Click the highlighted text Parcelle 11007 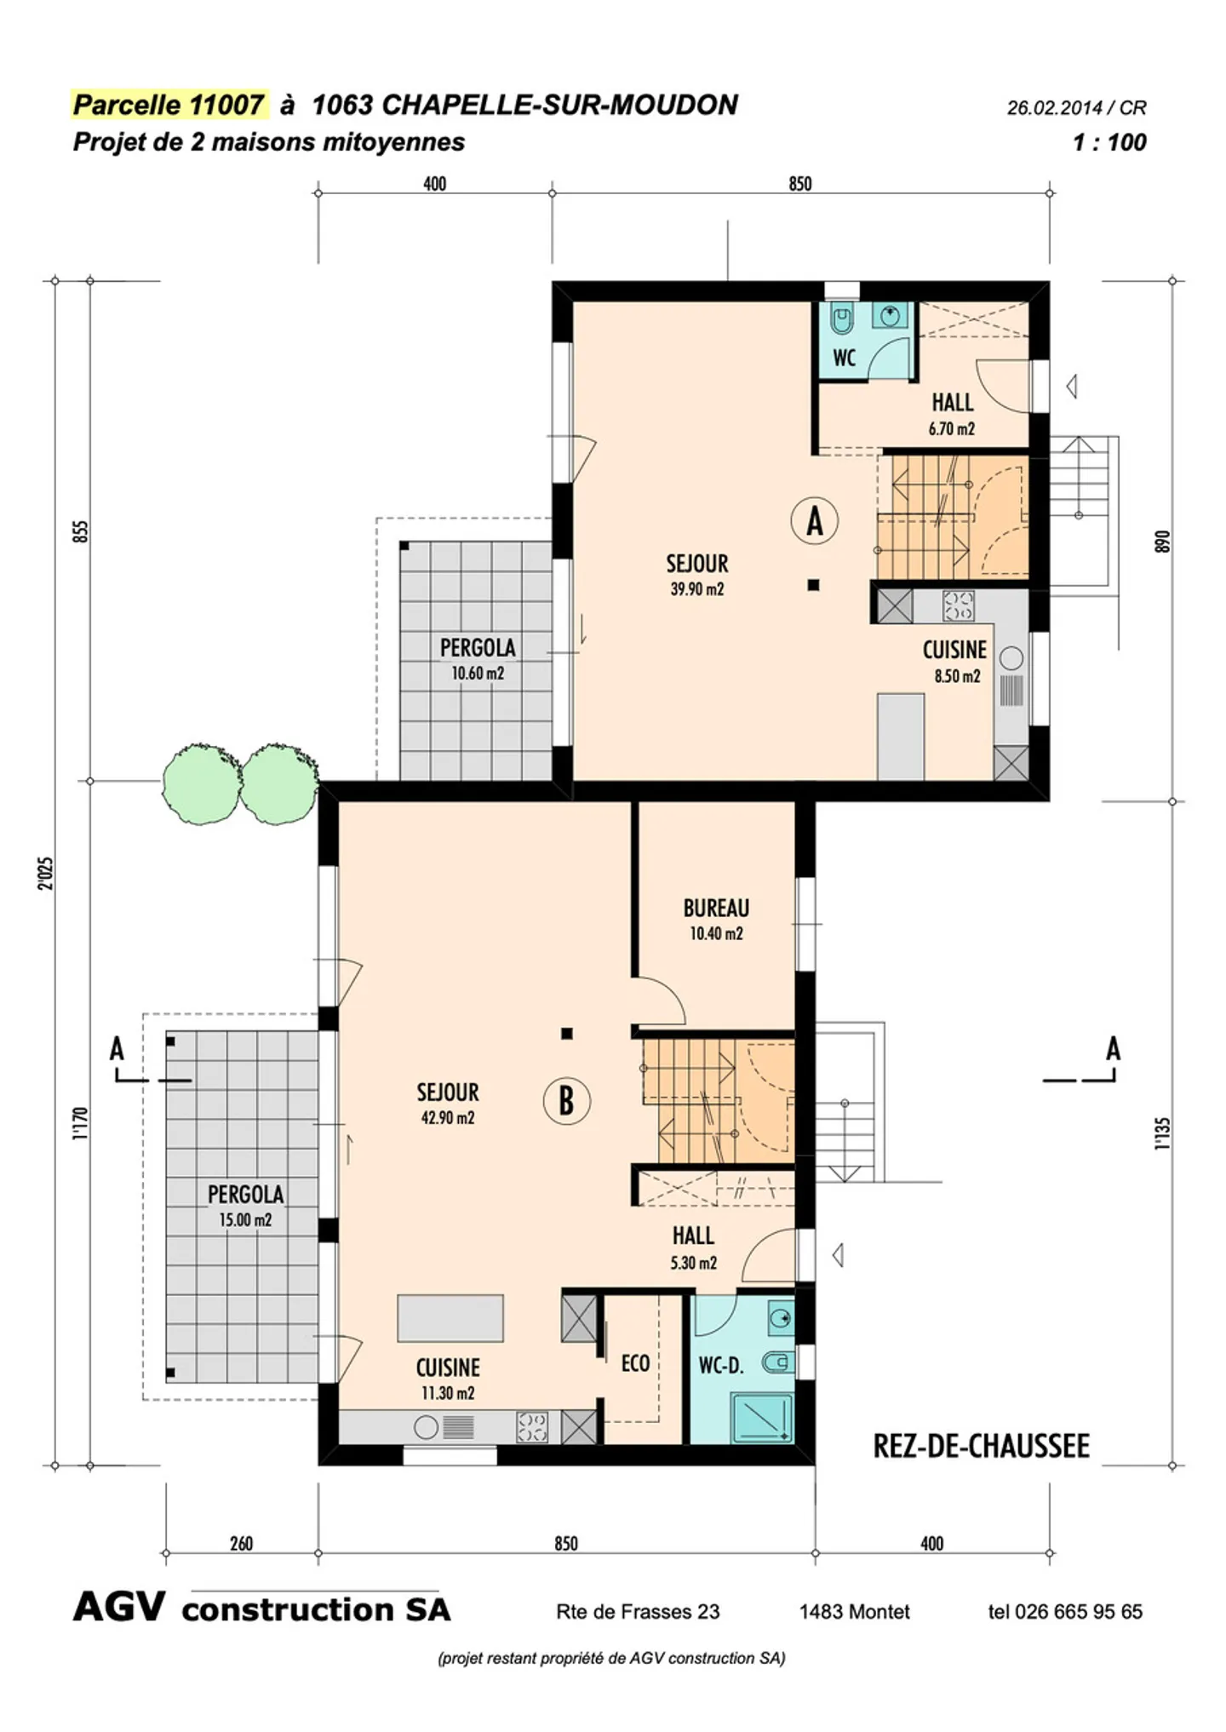[169, 105]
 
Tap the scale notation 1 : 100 [1109, 142]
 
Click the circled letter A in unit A [814, 521]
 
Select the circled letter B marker [566, 1101]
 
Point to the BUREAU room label [716, 909]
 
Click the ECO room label [635, 1363]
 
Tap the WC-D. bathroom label [720, 1366]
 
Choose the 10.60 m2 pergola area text [478, 674]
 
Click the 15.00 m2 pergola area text [245, 1220]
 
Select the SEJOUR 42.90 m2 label [448, 1104]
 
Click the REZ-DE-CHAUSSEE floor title [981, 1446]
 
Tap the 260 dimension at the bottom [241, 1544]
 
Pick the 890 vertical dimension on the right [1162, 542]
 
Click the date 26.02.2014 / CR [1076, 108]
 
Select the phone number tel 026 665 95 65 [1064, 1611]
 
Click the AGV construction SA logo [261, 1609]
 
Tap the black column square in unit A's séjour [813, 585]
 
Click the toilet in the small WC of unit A [842, 320]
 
